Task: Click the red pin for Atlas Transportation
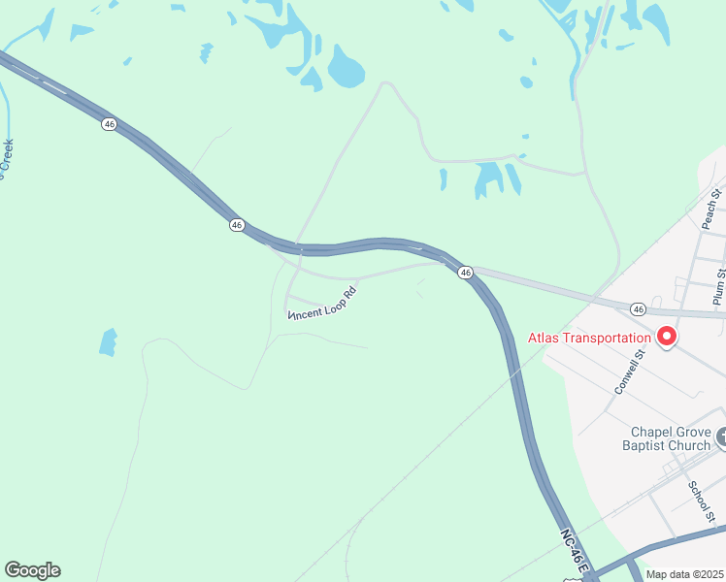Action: pos(667,336)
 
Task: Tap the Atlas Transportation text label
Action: pos(589,339)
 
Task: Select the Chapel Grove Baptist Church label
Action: pos(671,438)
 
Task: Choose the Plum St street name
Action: pos(719,288)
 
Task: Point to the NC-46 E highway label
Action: pos(575,551)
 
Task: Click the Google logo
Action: pos(32,570)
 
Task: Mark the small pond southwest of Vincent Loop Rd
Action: pos(108,341)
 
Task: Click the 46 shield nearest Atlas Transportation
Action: pos(637,308)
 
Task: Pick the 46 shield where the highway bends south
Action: pos(466,274)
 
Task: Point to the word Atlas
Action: pos(545,339)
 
